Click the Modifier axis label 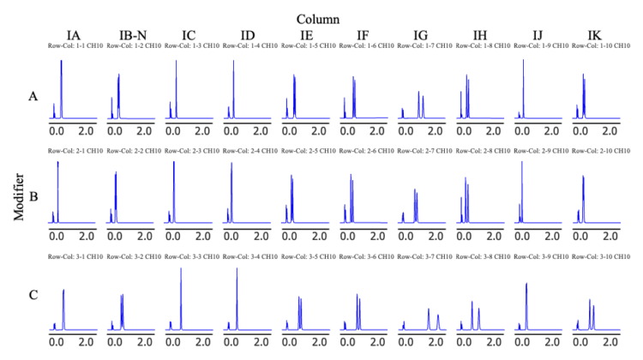click(19, 194)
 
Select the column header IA click(74, 34)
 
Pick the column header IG click(421, 34)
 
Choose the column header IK click(594, 34)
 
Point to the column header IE click(305, 34)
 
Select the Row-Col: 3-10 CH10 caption click(597, 257)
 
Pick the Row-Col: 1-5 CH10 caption click(307, 45)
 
